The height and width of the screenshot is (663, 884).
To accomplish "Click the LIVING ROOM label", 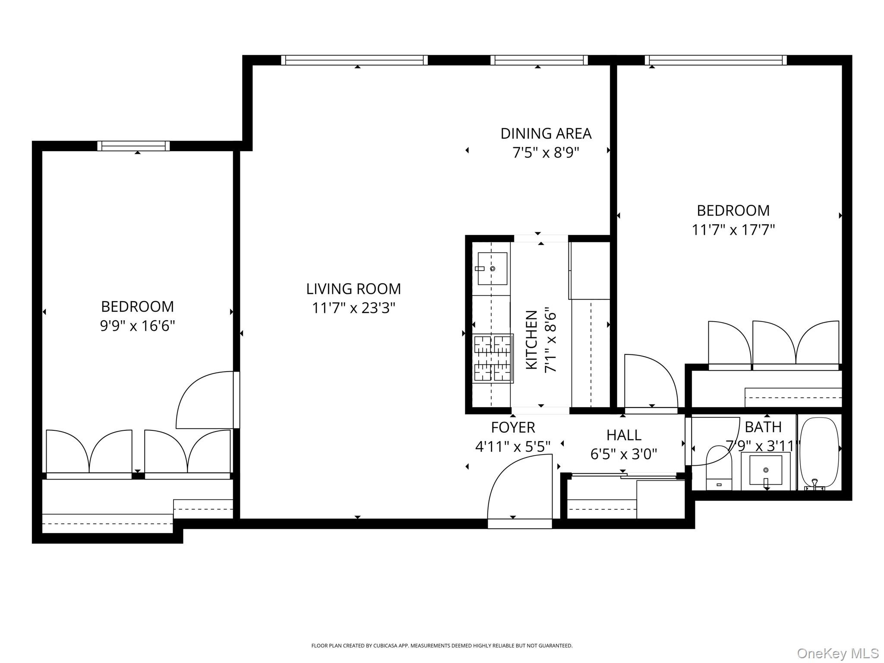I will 353,289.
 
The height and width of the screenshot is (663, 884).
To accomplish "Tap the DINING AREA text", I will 546,133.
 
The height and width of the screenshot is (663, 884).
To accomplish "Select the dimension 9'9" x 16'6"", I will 137,325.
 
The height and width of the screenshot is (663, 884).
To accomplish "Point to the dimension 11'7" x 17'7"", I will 733,230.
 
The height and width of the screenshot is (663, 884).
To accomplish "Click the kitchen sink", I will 492,268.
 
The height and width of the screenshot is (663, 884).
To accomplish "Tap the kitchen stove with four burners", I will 493,358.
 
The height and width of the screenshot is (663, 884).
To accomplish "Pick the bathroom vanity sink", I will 765,470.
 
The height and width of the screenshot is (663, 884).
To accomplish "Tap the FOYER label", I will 513,427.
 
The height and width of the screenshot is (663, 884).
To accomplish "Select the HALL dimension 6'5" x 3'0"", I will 623,454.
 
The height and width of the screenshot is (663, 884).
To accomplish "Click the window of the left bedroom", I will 133,146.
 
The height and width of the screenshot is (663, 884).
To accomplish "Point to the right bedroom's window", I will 715,60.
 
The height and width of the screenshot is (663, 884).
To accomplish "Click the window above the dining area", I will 539,60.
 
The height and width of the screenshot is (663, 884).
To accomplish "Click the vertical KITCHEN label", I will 531,340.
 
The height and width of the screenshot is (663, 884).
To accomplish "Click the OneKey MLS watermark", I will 837,653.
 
